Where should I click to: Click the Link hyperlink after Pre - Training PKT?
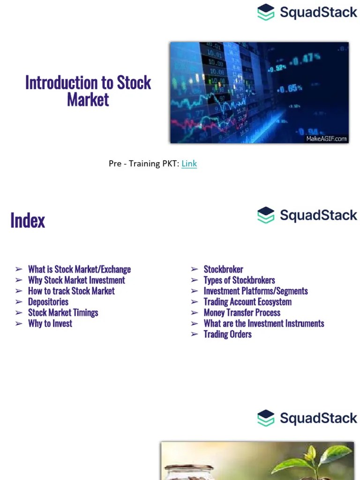coord(189,164)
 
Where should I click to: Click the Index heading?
coord(28,220)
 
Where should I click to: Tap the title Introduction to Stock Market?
coord(88,90)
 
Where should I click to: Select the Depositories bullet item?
coord(48,302)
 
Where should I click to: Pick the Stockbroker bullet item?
coord(223,270)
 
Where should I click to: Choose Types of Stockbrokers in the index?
coord(239,280)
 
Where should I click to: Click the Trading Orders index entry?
coord(227,334)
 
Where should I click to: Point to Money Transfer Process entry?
coord(242,313)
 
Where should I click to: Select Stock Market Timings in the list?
coord(63,313)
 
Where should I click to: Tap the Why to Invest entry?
coord(50,323)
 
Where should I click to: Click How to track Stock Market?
coord(71,291)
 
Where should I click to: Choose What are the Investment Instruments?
coord(263,323)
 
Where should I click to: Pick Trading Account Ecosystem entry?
coord(247,302)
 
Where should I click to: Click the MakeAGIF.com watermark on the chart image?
coord(326,138)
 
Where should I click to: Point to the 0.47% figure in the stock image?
coord(307,58)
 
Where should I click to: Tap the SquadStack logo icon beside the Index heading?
coord(266,215)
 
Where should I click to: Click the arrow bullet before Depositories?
coord(19,302)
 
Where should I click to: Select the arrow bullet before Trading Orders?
coord(195,334)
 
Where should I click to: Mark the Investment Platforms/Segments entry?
coord(255,291)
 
